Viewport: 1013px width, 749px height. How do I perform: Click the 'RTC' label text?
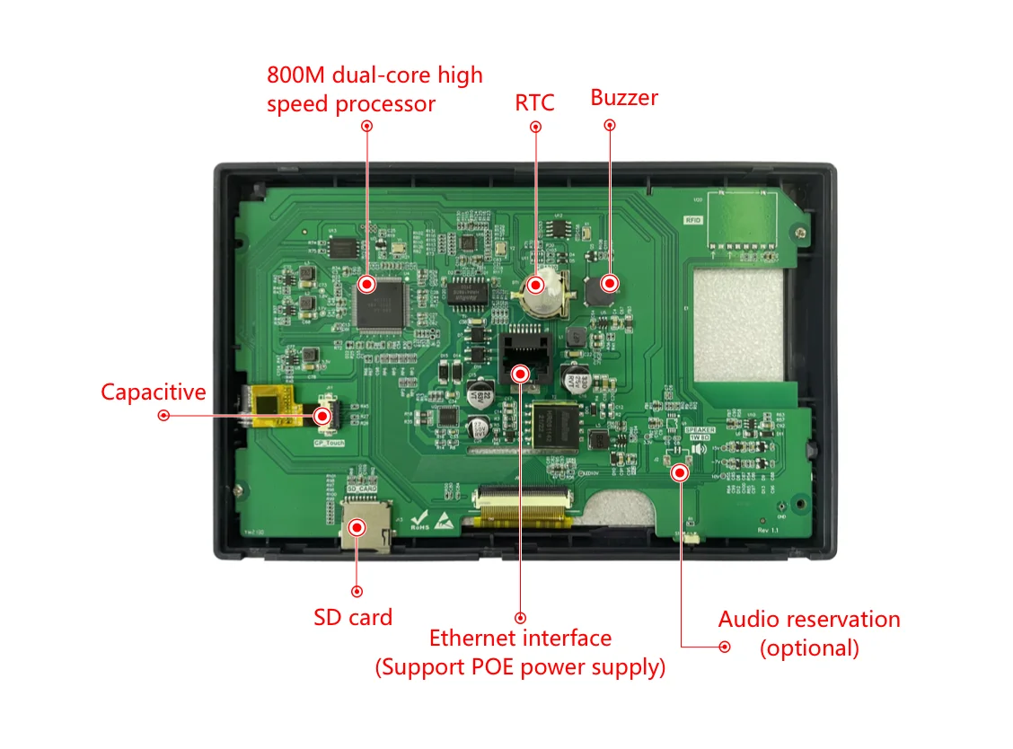pos(534,101)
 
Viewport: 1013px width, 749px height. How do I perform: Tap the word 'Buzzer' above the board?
pos(624,97)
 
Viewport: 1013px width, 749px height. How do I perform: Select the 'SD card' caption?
pos(353,618)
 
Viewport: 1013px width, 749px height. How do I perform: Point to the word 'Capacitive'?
pos(153,392)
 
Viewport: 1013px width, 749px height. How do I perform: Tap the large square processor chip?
pos(381,303)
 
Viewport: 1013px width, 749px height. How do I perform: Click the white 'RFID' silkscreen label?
pos(692,219)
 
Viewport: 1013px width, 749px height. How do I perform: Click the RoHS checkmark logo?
pos(418,520)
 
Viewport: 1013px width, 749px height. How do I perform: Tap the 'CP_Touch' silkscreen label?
pos(328,443)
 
